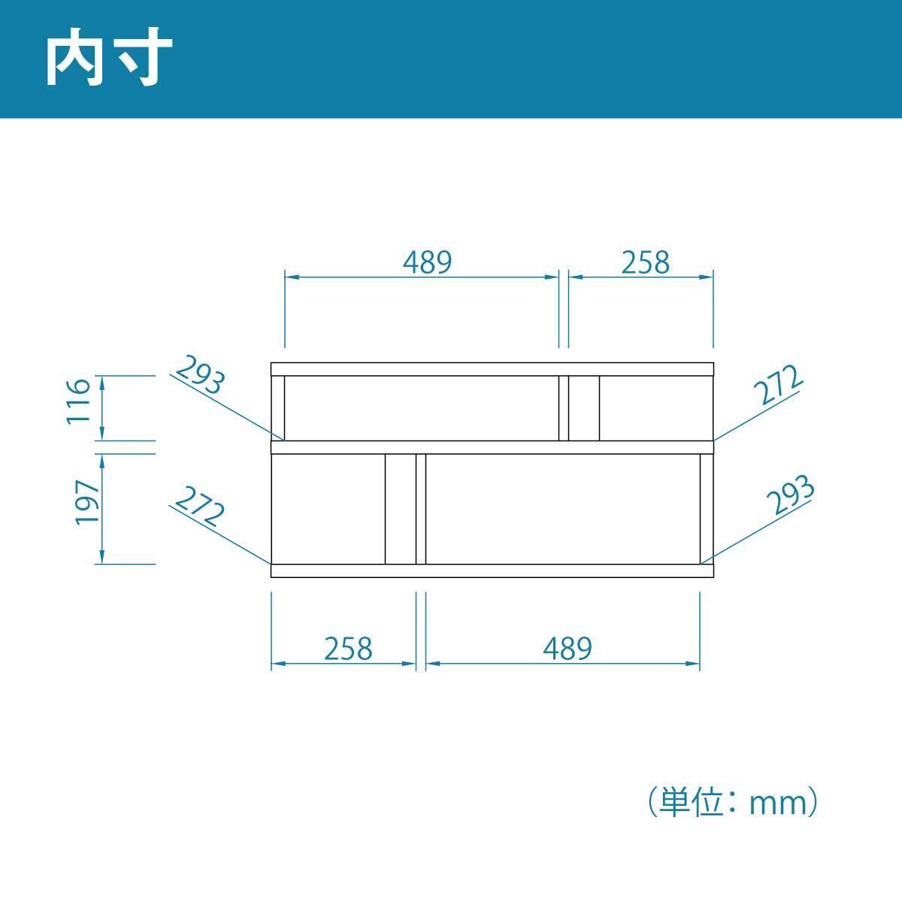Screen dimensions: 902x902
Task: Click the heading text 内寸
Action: point(110,59)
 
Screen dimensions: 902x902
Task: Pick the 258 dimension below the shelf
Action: point(348,647)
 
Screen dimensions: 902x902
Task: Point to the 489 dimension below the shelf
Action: point(568,647)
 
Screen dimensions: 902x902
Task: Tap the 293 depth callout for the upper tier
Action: point(200,376)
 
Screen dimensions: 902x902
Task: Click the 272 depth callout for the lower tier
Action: point(199,507)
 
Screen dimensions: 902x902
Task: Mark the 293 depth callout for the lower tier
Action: point(791,496)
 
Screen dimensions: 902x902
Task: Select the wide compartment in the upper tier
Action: point(422,407)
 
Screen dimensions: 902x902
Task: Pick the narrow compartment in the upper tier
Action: point(655,407)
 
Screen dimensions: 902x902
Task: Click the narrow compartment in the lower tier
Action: point(328,509)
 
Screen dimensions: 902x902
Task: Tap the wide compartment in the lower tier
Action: point(563,509)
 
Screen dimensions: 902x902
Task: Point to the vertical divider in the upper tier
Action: point(564,407)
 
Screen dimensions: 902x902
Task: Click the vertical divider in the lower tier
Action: point(421,509)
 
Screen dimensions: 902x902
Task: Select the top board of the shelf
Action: point(492,368)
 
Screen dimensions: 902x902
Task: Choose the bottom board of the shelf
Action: point(492,571)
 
